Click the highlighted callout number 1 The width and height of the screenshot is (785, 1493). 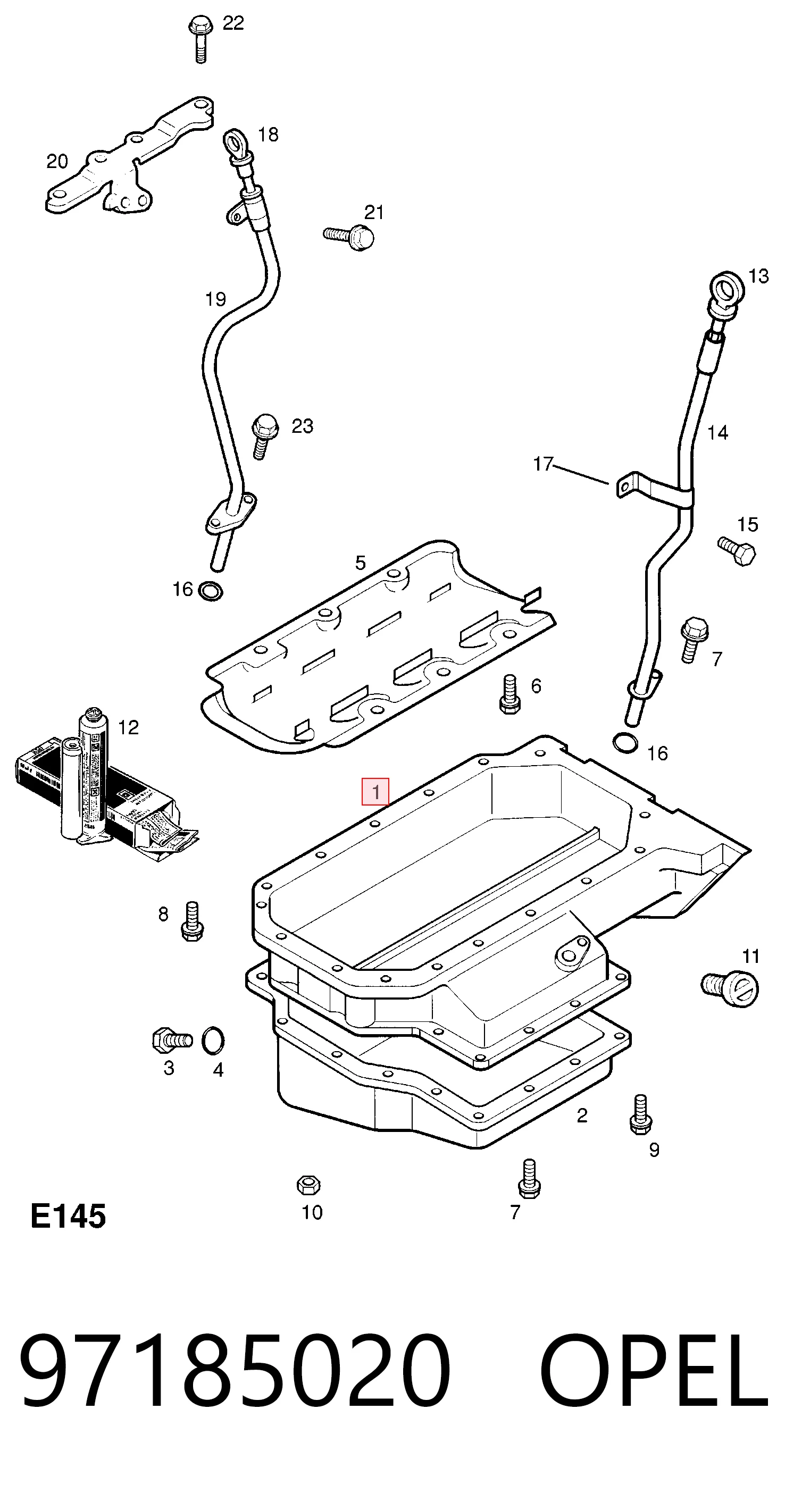click(x=375, y=792)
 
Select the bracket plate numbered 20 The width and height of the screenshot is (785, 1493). click(x=129, y=158)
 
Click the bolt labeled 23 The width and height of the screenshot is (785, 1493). click(x=264, y=436)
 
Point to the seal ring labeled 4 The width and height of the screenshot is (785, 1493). click(x=213, y=1041)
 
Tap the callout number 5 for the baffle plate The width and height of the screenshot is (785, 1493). click(x=361, y=563)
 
